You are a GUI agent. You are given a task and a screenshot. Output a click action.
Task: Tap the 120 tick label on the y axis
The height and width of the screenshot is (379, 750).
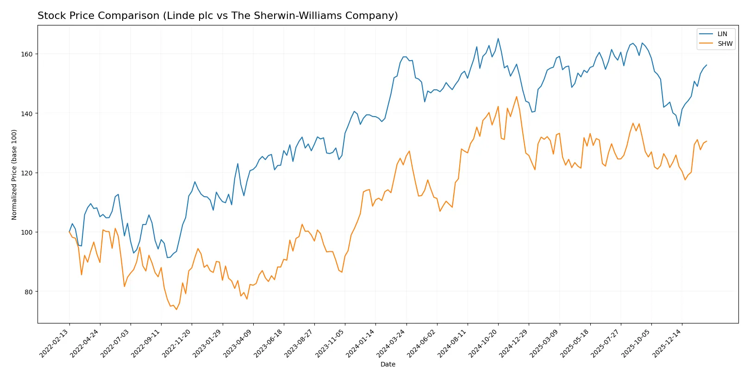point(26,173)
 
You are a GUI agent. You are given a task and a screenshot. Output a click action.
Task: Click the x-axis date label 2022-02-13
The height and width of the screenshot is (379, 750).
point(55,343)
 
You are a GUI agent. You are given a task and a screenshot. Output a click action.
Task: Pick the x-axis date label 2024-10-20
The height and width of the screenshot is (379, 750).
point(483,343)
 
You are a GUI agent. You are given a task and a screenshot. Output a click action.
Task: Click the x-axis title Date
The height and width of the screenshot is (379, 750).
point(387,365)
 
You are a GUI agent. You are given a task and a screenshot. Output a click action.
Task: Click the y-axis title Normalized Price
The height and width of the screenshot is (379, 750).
point(14,174)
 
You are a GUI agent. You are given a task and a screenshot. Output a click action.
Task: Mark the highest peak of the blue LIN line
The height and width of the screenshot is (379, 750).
point(498,38)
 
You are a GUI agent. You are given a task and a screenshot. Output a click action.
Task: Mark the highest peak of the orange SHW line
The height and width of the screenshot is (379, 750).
point(517,97)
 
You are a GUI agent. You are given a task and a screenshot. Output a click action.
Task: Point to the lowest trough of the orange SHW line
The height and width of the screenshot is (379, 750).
point(176,309)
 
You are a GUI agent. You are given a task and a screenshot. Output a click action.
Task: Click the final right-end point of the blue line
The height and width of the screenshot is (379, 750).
point(706,65)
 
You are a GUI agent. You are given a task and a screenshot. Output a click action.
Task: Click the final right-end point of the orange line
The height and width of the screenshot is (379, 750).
point(706,141)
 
